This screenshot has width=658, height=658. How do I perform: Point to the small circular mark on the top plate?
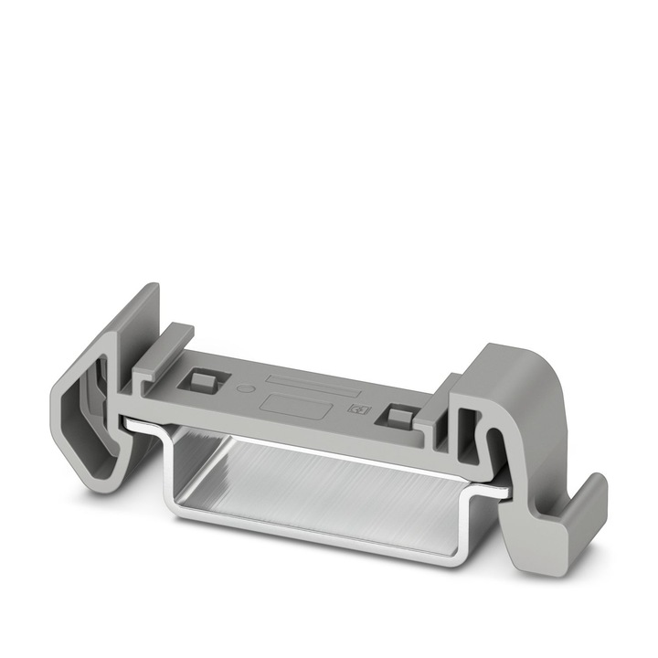[x=242, y=387]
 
